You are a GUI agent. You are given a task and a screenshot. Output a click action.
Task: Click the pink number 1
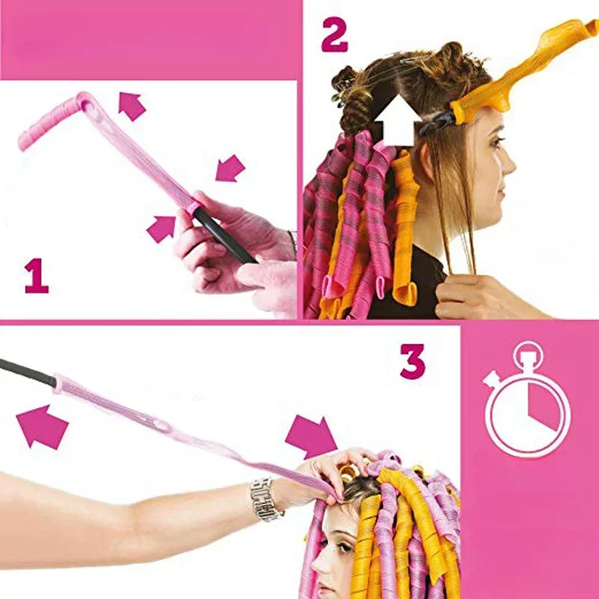[36, 276]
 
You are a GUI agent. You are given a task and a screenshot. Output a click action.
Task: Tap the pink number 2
[335, 34]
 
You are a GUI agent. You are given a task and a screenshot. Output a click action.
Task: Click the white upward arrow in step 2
[395, 120]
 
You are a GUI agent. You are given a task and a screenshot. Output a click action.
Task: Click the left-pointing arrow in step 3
[42, 426]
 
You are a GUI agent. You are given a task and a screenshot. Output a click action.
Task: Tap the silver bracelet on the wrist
[267, 498]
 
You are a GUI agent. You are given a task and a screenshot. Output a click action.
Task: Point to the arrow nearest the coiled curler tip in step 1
[132, 106]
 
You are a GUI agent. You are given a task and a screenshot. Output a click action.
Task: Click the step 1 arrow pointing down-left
[230, 168]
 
